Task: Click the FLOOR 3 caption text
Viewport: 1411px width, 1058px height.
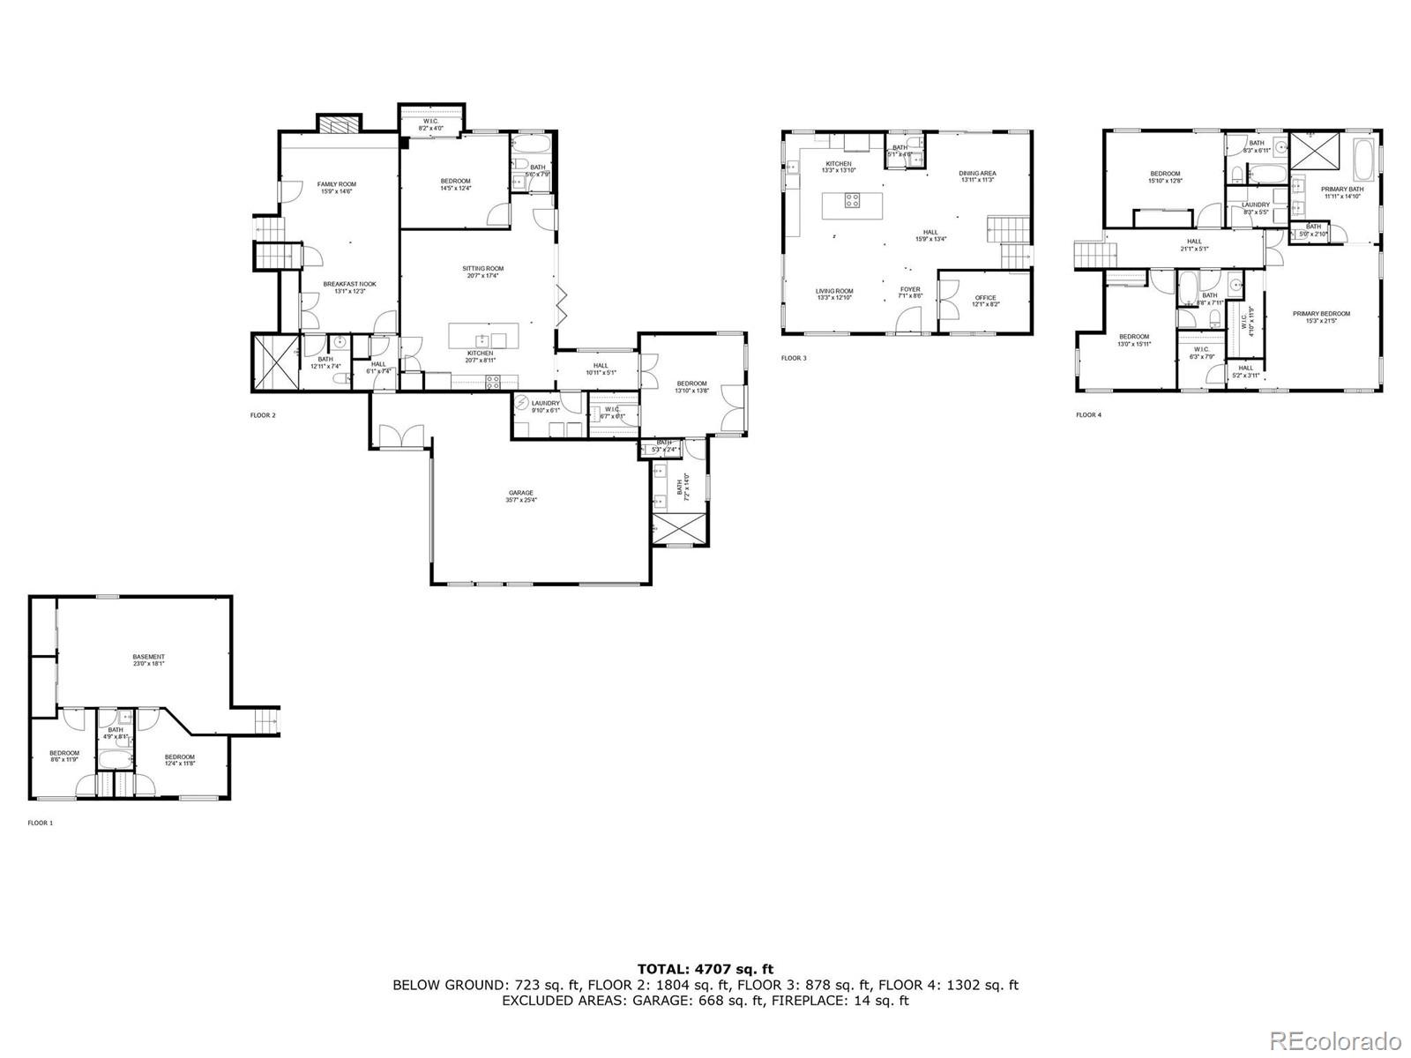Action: tap(794, 358)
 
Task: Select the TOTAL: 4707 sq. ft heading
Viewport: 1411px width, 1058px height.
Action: tap(705, 969)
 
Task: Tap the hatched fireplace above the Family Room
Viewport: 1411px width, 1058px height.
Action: tap(339, 124)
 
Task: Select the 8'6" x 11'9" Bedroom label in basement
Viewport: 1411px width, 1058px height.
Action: tap(64, 756)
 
